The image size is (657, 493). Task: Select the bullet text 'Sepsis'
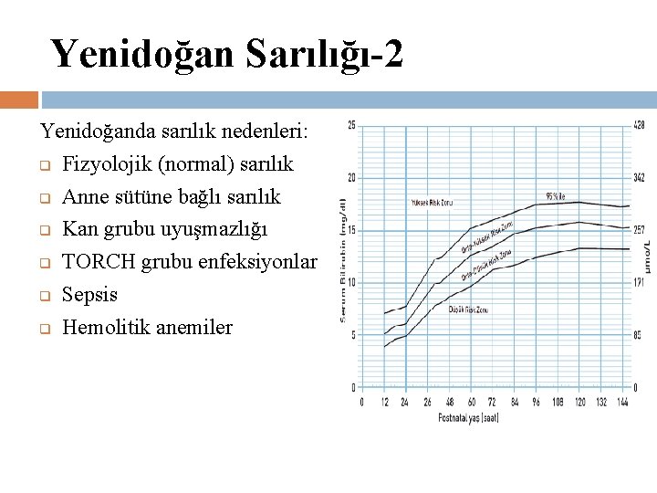[89, 295]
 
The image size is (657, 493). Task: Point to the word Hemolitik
[105, 327]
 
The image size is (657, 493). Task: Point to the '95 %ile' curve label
[556, 196]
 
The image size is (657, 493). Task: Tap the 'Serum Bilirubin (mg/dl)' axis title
[343, 259]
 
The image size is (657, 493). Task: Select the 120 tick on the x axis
[580, 402]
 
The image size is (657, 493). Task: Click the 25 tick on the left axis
[352, 125]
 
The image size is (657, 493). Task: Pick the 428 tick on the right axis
[639, 125]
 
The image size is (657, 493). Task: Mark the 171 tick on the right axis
[640, 283]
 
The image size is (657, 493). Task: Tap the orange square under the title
[19, 100]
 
